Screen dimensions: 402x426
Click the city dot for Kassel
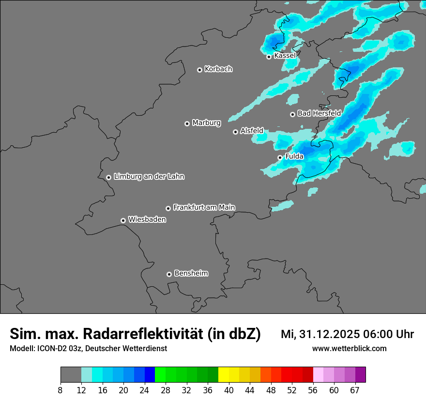[x=269, y=57]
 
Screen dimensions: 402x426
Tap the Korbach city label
[x=218, y=69]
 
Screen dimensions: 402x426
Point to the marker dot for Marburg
[x=187, y=124]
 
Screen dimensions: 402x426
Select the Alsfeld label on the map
[x=252, y=131]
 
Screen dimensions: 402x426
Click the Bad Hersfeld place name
[x=319, y=113]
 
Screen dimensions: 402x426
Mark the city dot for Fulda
[x=280, y=157]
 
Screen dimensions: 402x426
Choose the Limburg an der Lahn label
[x=149, y=177]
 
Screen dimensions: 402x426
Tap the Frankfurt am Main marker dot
[x=168, y=208]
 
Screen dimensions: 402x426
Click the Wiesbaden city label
[x=147, y=220]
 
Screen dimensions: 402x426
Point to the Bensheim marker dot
[x=169, y=274]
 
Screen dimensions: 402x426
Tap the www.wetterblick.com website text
[x=349, y=349]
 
